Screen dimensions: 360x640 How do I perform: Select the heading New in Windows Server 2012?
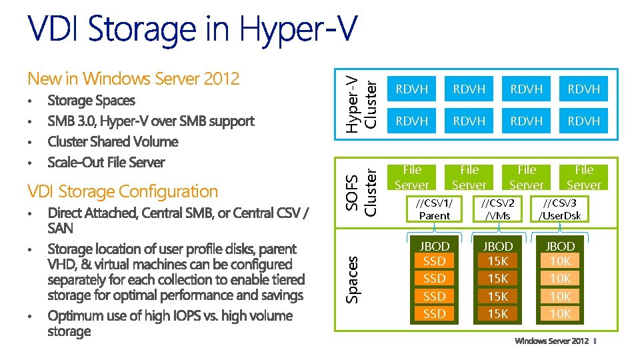[133, 79]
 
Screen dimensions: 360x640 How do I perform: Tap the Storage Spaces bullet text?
[91, 101]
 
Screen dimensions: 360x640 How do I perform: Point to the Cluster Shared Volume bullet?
[113, 141]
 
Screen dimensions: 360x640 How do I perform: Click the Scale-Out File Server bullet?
[106, 162]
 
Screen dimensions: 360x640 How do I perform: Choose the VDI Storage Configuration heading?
[123, 191]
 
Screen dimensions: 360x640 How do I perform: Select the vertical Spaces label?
[353, 279]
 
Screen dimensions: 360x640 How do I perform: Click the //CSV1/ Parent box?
[434, 209]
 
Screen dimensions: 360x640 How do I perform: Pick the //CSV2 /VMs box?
[497, 209]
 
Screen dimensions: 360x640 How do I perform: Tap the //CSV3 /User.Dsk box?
[560, 209]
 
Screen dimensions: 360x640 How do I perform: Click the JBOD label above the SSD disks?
[435, 246]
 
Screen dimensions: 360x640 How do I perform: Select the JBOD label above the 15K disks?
[498, 246]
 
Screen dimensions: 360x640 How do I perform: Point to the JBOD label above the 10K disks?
[561, 246]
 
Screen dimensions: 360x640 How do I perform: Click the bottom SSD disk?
[435, 313]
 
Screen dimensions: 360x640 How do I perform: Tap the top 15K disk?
[498, 261]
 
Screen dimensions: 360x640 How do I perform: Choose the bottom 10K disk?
[561, 313]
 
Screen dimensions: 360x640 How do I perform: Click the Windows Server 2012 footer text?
[551, 341]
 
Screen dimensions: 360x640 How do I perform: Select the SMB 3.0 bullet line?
[151, 121]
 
